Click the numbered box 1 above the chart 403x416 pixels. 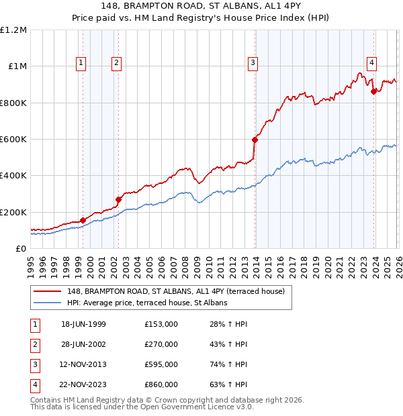[x=81, y=63]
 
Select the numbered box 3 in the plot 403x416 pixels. [x=253, y=63]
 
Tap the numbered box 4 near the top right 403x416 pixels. [x=371, y=63]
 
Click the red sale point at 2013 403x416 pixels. [x=255, y=140]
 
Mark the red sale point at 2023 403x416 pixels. [x=374, y=92]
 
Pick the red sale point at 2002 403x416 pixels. [x=118, y=199]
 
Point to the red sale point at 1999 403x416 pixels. [x=83, y=220]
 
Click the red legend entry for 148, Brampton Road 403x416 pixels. [x=176, y=291]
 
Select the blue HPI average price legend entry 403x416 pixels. [x=147, y=303]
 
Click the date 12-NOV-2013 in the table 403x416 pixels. [x=83, y=364]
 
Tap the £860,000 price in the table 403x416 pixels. [x=161, y=384]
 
